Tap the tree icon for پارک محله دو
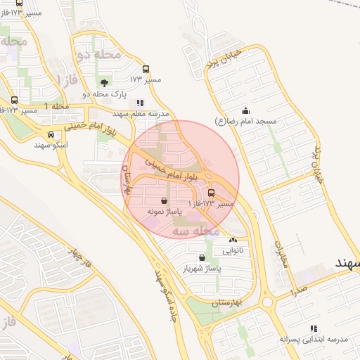click(105, 84)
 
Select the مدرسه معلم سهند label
click(141, 113)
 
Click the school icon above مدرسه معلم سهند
click(140, 103)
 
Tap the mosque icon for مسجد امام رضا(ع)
click(245, 110)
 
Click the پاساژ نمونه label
click(165, 210)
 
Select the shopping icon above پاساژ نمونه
click(164, 200)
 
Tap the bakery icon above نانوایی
click(233, 240)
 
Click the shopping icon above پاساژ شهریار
click(202, 258)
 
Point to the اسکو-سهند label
click(51, 144)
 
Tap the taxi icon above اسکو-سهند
click(51, 134)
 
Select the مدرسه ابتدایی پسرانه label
click(314, 339)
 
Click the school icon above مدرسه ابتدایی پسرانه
click(314, 328)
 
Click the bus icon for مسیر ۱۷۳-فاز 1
click(211, 193)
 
